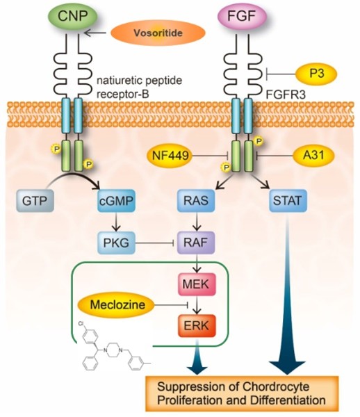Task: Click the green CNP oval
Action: pyautogui.click(x=72, y=17)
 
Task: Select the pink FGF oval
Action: pyautogui.click(x=242, y=17)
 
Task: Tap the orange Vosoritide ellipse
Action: pyautogui.click(x=158, y=33)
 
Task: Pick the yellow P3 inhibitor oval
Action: pyautogui.click(x=317, y=74)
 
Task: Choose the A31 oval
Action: pyautogui.click(x=313, y=155)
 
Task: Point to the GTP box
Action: pyautogui.click(x=35, y=201)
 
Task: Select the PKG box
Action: pyautogui.click(x=116, y=243)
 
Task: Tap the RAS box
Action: pyautogui.click(x=197, y=201)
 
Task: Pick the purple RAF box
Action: pyautogui.click(x=196, y=243)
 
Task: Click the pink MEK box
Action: pyautogui.click(x=197, y=284)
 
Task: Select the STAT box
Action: pyautogui.click(x=288, y=201)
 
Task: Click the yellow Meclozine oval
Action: pyautogui.click(x=117, y=305)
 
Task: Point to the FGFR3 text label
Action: pyautogui.click(x=286, y=95)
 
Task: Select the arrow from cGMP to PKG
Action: pyautogui.click(x=116, y=222)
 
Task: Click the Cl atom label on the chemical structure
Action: pyautogui.click(x=81, y=324)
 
